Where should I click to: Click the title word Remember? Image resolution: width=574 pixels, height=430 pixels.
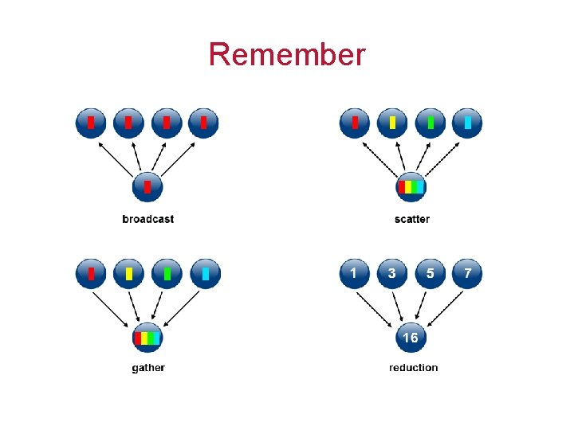(287, 54)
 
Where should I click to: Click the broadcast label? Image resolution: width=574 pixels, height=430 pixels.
(147, 219)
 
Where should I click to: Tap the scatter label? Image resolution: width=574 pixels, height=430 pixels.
(411, 219)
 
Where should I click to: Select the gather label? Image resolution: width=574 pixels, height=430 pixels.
(148, 367)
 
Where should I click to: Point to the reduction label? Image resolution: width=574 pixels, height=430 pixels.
(413, 367)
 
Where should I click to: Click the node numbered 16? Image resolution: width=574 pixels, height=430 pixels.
(411, 338)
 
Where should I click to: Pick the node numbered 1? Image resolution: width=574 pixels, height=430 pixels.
(354, 273)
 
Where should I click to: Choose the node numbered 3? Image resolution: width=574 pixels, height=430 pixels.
(391, 273)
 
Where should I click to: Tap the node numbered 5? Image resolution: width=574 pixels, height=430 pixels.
(430, 273)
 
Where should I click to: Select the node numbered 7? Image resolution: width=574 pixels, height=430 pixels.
(467, 273)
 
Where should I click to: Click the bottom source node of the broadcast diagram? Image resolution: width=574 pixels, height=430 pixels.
(147, 188)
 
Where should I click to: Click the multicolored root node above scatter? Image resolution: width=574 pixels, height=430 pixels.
(411, 188)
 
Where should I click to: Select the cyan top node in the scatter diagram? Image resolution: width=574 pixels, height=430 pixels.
(467, 123)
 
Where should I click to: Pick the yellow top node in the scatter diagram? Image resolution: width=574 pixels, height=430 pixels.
(392, 123)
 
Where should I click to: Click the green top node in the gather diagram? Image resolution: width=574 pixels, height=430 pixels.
(167, 273)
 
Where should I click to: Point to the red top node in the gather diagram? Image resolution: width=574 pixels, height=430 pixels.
(91, 273)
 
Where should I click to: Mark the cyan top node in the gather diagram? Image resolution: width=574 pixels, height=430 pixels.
(205, 273)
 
